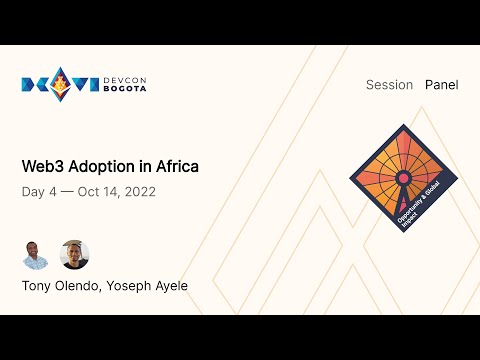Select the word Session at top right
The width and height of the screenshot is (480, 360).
tap(390, 85)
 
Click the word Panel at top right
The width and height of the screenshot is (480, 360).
tap(441, 85)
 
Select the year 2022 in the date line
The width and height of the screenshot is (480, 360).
tap(138, 192)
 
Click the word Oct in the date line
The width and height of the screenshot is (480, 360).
tap(89, 192)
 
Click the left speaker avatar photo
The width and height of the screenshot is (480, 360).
tap(36, 255)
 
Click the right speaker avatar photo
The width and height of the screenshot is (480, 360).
tap(74, 255)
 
